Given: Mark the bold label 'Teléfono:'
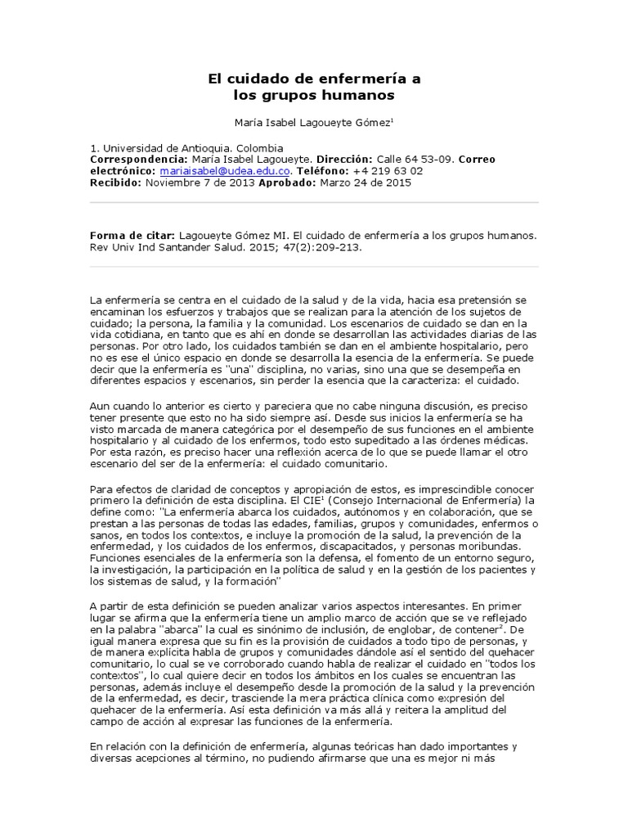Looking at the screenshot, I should pyautogui.click(x=321, y=171).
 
